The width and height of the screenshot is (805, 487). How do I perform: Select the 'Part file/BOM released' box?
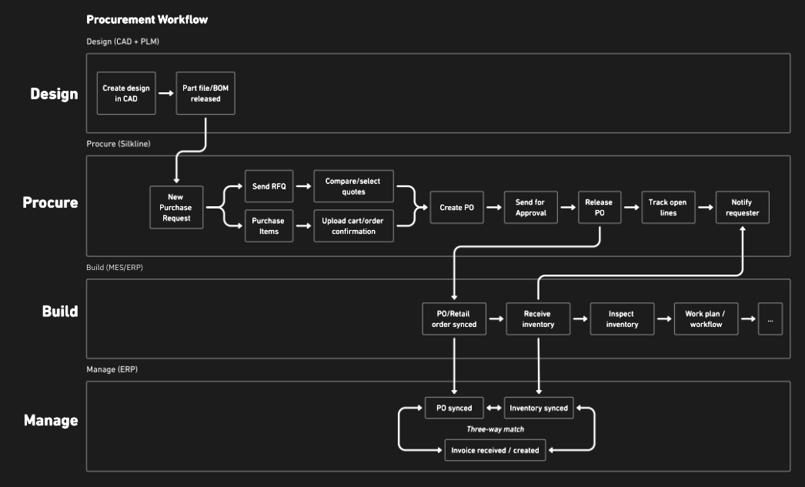(205, 93)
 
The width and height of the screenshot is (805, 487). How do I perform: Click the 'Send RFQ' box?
(269, 186)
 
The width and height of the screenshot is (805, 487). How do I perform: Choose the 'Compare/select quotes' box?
(353, 186)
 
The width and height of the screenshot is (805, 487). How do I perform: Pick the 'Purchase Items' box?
(269, 226)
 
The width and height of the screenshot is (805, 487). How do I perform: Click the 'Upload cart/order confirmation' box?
(353, 226)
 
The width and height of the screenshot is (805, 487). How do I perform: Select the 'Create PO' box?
(456, 207)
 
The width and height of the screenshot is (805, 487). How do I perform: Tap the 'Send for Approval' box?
(530, 207)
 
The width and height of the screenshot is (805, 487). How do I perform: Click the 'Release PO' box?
(599, 207)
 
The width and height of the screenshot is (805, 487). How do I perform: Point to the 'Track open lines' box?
(668, 207)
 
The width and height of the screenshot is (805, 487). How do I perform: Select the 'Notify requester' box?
(743, 207)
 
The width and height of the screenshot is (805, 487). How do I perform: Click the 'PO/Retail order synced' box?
(454, 319)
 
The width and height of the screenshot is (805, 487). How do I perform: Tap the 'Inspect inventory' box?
(622, 319)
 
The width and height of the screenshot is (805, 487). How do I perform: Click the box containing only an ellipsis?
(770, 319)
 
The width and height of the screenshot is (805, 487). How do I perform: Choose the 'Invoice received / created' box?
(496, 449)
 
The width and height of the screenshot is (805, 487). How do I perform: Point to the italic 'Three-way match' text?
(496, 429)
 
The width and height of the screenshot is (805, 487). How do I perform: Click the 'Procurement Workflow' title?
(147, 19)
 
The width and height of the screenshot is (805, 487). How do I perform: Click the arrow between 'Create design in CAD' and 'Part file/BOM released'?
(164, 93)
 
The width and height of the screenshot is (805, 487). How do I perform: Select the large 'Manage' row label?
(51, 420)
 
